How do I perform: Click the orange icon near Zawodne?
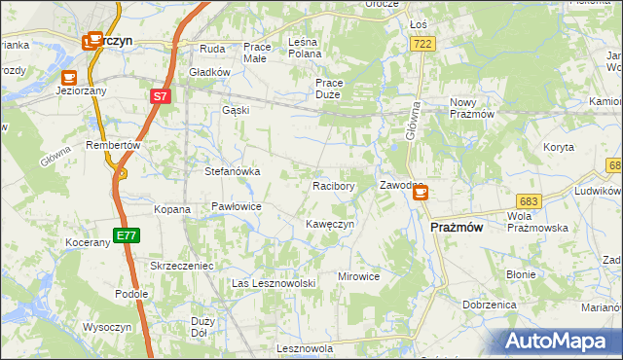(421, 194)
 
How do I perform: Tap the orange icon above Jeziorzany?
(68, 77)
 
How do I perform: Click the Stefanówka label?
(232, 171)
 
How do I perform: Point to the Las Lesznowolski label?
(275, 282)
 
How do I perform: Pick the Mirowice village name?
(358, 276)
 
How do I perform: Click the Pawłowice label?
(237, 206)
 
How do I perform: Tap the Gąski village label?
(236, 110)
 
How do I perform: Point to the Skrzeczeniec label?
(181, 265)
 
